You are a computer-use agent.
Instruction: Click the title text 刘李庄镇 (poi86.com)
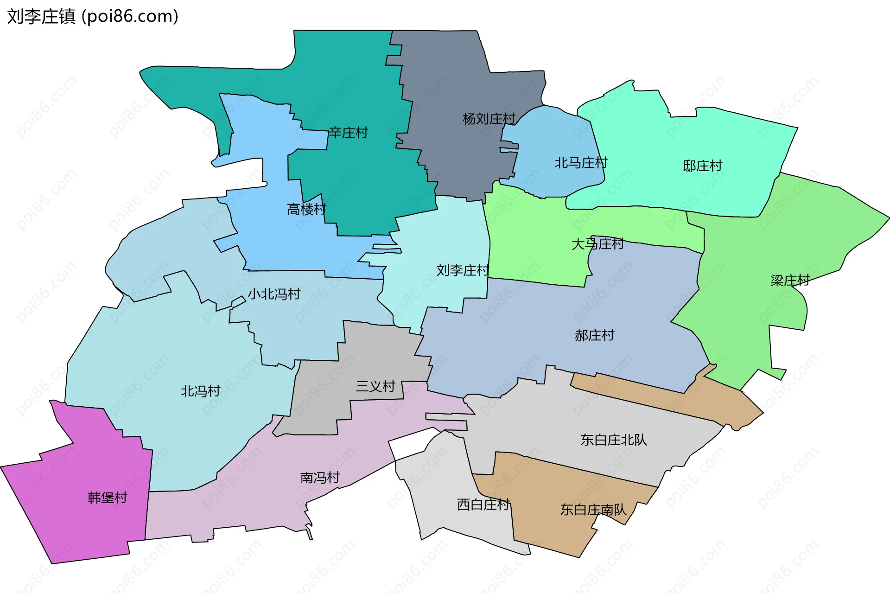coord(93,17)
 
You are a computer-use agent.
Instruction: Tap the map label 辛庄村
coord(348,133)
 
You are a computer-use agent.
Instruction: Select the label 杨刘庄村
coord(489,119)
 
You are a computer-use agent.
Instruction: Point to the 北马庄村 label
coord(581,163)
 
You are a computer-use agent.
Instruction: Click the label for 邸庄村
coord(702,166)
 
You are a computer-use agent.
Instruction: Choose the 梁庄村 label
coord(790,281)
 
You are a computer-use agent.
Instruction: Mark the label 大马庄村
coord(597,244)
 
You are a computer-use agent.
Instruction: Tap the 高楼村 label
coord(306,210)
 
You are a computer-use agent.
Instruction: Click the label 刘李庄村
coord(463,270)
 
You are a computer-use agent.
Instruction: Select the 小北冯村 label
coord(274,294)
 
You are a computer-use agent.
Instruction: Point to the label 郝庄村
coord(594,335)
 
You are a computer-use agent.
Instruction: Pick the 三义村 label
coord(375,386)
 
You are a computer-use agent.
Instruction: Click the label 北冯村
coord(200,391)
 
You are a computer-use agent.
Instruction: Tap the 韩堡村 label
coord(108,498)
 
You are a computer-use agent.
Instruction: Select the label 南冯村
coord(320,478)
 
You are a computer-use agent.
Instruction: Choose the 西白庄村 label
coord(483,505)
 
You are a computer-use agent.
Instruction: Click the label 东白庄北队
coord(613,440)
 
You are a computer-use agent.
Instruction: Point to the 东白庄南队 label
coord(593,510)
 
